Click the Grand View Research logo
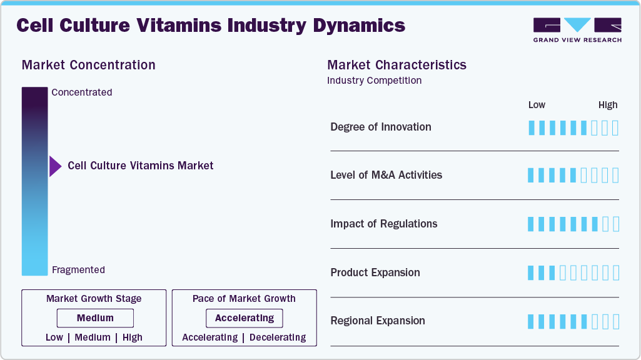click(577, 30)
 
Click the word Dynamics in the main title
click(360, 26)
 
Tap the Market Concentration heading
click(89, 65)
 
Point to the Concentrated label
click(82, 92)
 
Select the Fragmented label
click(79, 270)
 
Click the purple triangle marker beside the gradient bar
click(55, 166)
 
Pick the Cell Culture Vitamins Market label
click(141, 166)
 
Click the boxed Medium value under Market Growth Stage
click(95, 318)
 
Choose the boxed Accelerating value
click(245, 318)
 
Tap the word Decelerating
click(278, 337)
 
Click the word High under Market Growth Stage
click(133, 337)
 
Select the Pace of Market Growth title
click(244, 299)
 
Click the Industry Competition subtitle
click(375, 81)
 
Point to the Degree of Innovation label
click(381, 127)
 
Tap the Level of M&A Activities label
click(386, 175)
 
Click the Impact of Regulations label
click(384, 224)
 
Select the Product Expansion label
click(375, 272)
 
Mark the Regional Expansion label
click(378, 321)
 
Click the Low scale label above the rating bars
click(537, 105)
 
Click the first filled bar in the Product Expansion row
click(531, 273)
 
